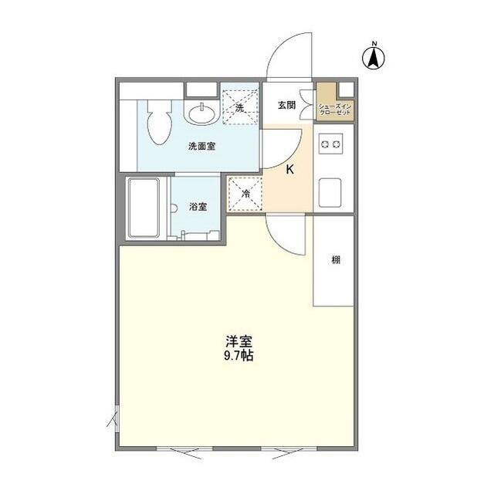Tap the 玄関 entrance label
(x=286, y=107)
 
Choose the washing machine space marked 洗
(x=239, y=107)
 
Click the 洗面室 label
(x=201, y=146)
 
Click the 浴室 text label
(x=198, y=207)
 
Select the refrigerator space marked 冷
(x=244, y=194)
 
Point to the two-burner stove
(x=332, y=144)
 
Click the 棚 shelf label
(x=336, y=260)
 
